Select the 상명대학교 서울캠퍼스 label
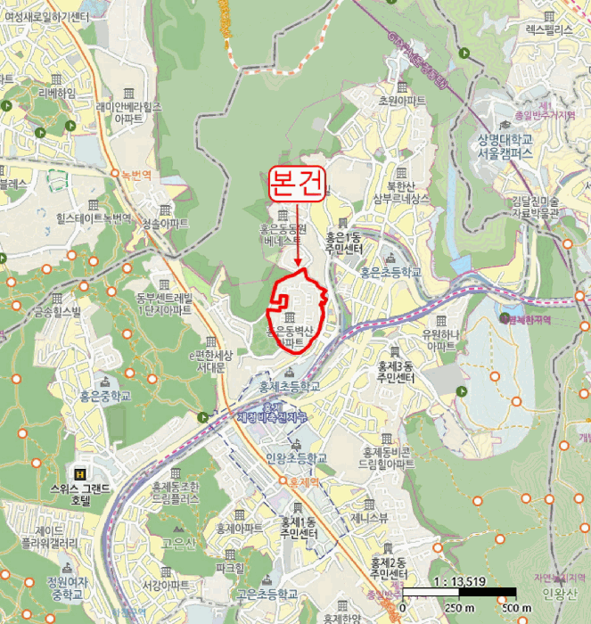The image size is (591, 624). pos(504,145)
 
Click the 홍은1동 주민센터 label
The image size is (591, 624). pos(342,243)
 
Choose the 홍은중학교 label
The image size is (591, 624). pos(104,395)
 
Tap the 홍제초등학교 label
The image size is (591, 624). pos(289,386)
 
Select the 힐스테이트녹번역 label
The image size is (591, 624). pos(81,218)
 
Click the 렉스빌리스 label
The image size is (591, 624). pos(547,29)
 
